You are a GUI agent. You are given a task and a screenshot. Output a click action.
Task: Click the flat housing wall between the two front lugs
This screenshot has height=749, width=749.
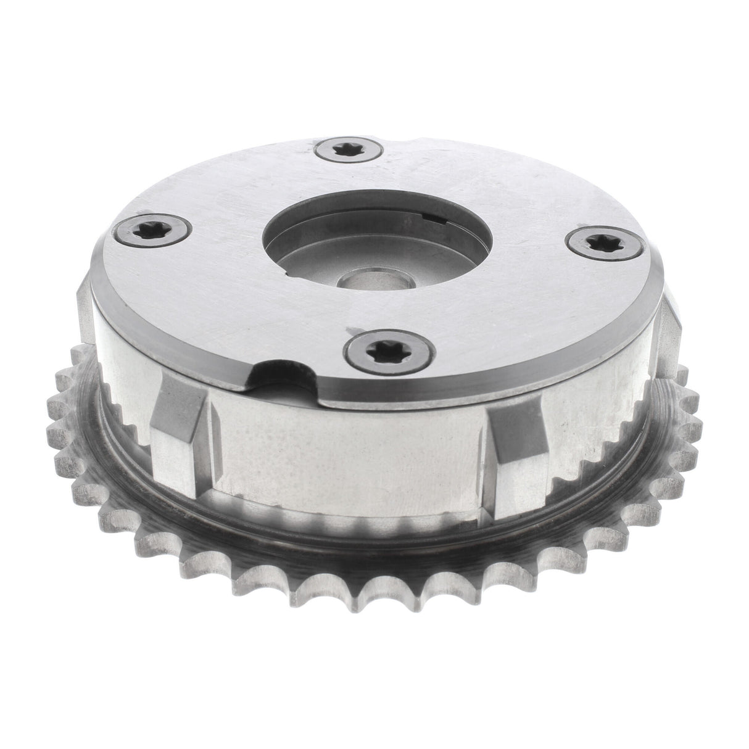(x=346, y=444)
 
